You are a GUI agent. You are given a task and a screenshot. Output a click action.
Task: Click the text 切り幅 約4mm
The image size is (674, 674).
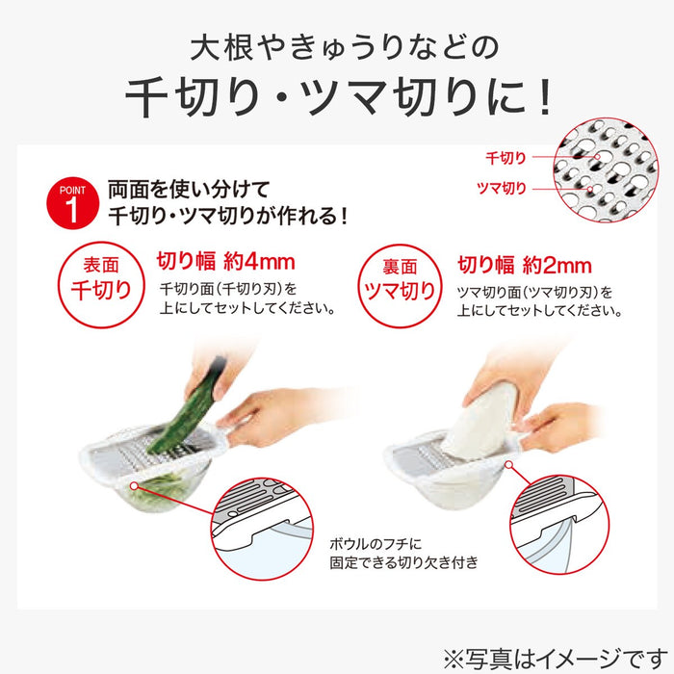click(x=224, y=261)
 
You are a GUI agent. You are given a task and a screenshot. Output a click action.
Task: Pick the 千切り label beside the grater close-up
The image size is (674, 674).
click(x=505, y=156)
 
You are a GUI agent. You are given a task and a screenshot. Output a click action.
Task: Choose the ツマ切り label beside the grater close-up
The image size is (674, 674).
click(x=502, y=189)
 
